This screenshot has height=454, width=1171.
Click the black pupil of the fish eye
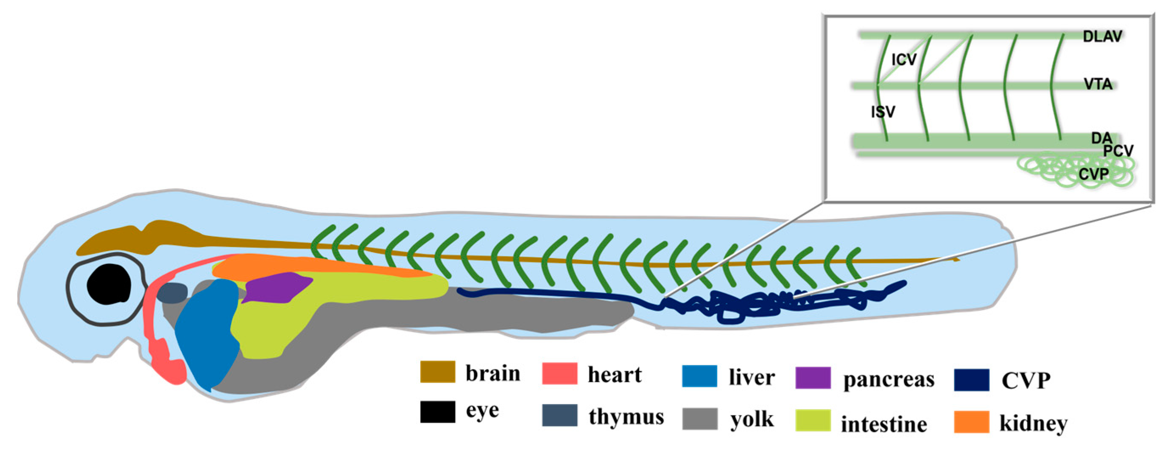click(x=109, y=284)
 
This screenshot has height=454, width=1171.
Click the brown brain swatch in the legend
click(x=437, y=372)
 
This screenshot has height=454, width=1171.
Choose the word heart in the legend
click(x=614, y=375)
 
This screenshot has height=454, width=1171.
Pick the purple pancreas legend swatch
click(x=813, y=378)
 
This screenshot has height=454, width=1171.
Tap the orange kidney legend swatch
click(x=971, y=422)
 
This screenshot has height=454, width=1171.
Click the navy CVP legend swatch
click(x=971, y=380)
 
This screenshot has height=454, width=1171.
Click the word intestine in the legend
click(x=884, y=424)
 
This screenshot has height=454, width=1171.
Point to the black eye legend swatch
click(x=437, y=412)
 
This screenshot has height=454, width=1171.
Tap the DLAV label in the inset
click(x=1102, y=36)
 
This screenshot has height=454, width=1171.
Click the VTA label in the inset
click(x=1098, y=84)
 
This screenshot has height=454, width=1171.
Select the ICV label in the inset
click(x=904, y=59)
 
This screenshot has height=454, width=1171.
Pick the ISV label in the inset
click(x=883, y=112)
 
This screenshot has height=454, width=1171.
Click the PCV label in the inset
click(x=1118, y=151)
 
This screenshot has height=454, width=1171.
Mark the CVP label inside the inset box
click(x=1093, y=174)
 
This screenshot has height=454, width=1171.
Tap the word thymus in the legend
click(x=626, y=417)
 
